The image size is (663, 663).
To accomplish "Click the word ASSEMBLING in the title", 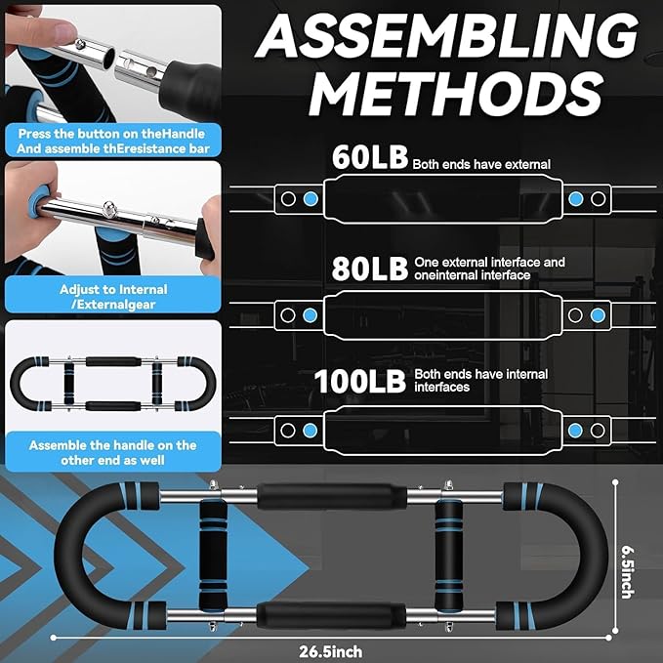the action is coord(446,36).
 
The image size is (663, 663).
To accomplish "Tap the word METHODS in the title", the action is coord(456,94).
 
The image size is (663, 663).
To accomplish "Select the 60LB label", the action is coord(370,157).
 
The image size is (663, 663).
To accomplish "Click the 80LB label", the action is coord(370,269).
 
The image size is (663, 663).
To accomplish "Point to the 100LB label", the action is coord(360,382).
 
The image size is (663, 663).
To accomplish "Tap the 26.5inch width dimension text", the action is coord(331,651).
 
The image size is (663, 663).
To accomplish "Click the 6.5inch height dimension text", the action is coord(628,572).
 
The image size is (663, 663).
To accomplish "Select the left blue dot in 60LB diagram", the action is coord(311,198).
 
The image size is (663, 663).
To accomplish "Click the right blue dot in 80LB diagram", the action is coord(598,315).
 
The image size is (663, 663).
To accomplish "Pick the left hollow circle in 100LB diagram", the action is coord(288,431).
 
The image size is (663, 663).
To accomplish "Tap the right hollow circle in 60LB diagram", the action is coord(598,198).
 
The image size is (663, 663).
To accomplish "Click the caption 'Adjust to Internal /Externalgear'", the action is coord(113,297).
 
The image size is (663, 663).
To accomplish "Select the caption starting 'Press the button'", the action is coord(113,142).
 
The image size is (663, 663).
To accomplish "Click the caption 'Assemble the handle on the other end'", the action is coord(113,452).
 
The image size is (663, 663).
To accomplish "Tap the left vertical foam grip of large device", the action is coord(213,555).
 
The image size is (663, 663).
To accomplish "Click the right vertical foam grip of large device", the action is coord(448,555).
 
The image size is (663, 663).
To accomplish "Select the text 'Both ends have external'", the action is coord(481,164).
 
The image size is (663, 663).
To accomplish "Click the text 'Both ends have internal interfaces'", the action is coord(480,381).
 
